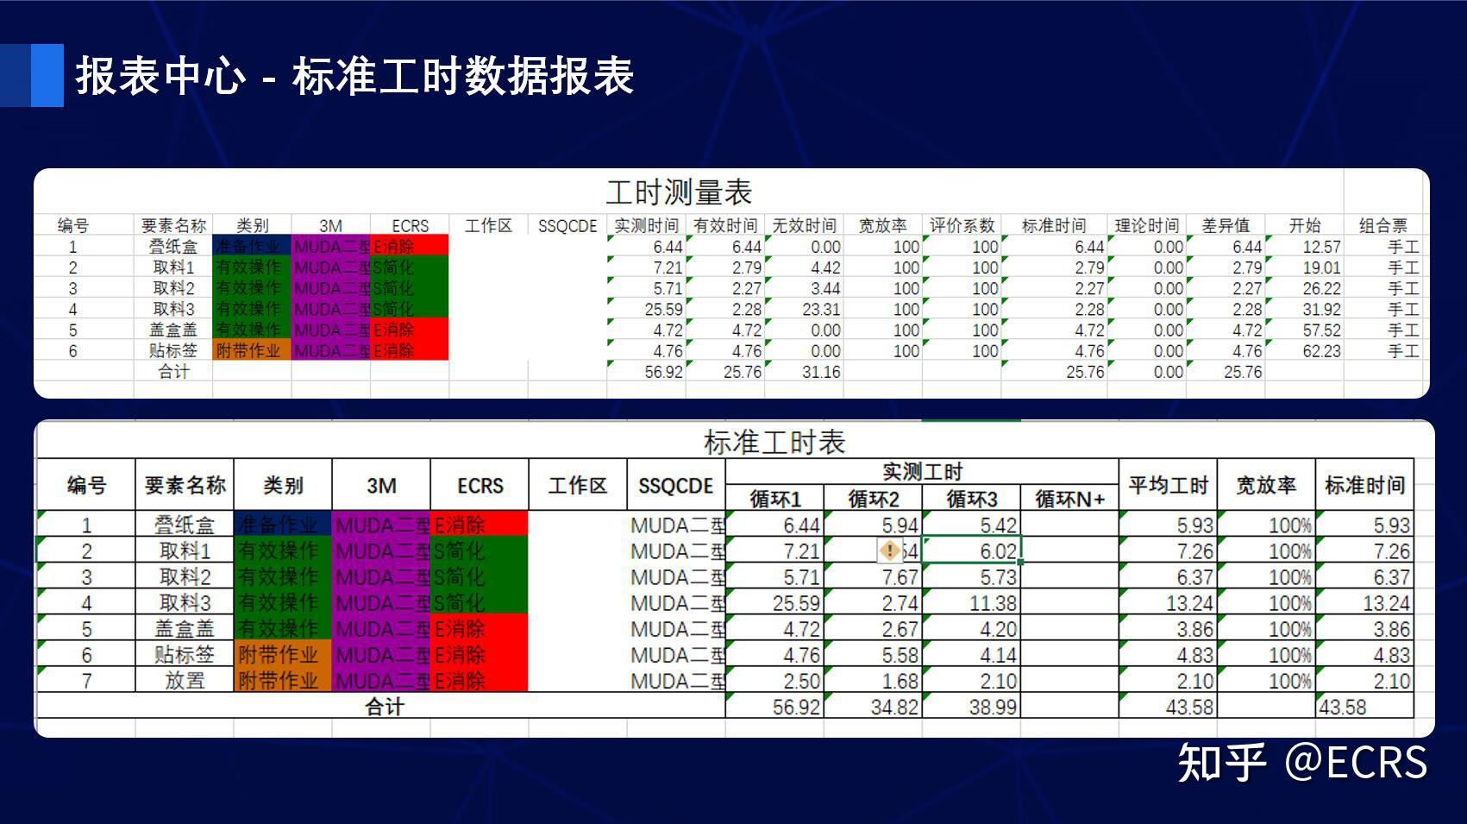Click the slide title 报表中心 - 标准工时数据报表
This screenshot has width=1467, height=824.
(354, 76)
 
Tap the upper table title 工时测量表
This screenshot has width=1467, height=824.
(679, 192)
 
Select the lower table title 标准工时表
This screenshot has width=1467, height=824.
(774, 442)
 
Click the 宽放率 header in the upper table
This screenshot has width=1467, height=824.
(882, 225)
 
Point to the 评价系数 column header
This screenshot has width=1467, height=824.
(962, 225)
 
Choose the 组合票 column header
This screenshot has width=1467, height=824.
(1382, 225)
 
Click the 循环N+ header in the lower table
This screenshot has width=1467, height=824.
(1069, 499)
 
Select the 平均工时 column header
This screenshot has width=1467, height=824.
(1168, 485)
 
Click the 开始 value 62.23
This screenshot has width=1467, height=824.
(1321, 350)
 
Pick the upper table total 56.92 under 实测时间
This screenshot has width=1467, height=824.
(663, 372)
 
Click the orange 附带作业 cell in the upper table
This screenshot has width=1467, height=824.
(248, 350)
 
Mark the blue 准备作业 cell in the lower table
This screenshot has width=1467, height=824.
(282, 525)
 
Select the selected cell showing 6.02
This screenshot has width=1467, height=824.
(998, 551)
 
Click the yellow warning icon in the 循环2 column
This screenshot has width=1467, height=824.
(889, 550)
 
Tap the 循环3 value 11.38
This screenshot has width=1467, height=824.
(993, 603)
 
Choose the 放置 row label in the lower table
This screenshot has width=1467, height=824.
(185, 681)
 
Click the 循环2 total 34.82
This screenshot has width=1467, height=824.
(894, 708)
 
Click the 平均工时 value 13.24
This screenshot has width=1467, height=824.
(1189, 603)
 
